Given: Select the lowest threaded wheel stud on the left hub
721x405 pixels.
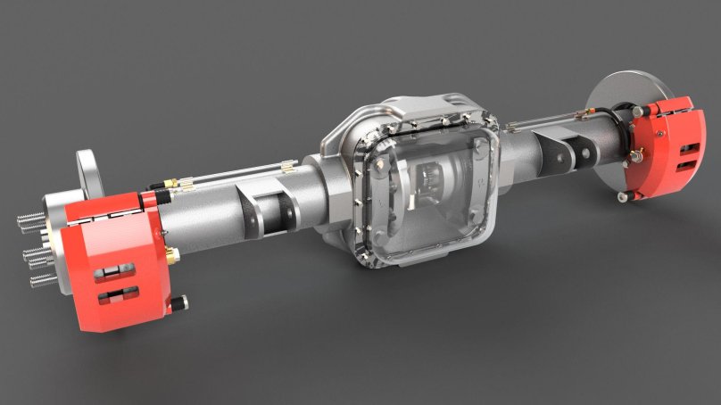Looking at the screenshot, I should [x=41, y=280].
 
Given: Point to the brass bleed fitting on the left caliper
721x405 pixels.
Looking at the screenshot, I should [x=170, y=257].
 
